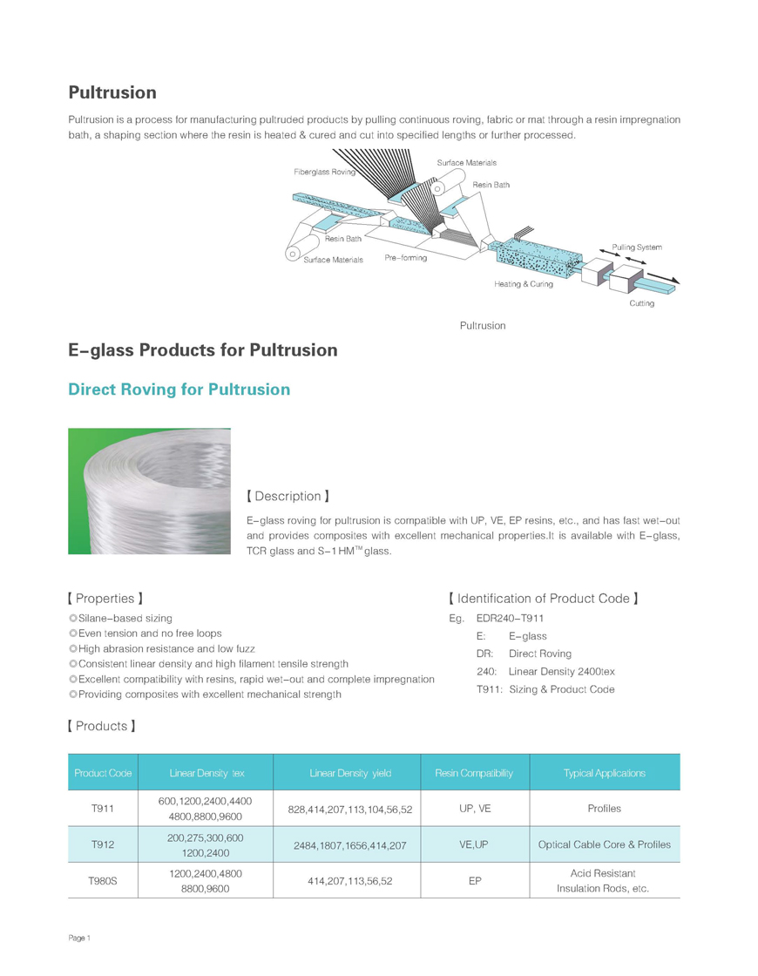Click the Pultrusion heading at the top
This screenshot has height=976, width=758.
112,92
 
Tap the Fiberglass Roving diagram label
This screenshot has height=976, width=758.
324,173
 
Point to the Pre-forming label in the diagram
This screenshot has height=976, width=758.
406,259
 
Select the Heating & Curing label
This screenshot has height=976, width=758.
523,284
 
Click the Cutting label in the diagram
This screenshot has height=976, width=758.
641,303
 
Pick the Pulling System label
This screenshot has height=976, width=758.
636,247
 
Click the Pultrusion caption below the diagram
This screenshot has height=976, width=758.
483,325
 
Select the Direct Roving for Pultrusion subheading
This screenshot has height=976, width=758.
179,390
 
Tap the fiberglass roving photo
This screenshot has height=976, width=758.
149,491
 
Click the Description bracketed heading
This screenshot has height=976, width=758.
288,496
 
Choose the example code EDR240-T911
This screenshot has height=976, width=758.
511,618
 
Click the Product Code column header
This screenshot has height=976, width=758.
103,773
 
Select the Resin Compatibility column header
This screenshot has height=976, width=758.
474,773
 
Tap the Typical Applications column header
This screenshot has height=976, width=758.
604,773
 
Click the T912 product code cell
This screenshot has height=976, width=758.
103,844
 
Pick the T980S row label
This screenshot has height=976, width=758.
103,881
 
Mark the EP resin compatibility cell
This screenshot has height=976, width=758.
475,881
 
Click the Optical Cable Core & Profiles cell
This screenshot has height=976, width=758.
604,844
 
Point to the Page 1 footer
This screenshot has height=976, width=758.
79,938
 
